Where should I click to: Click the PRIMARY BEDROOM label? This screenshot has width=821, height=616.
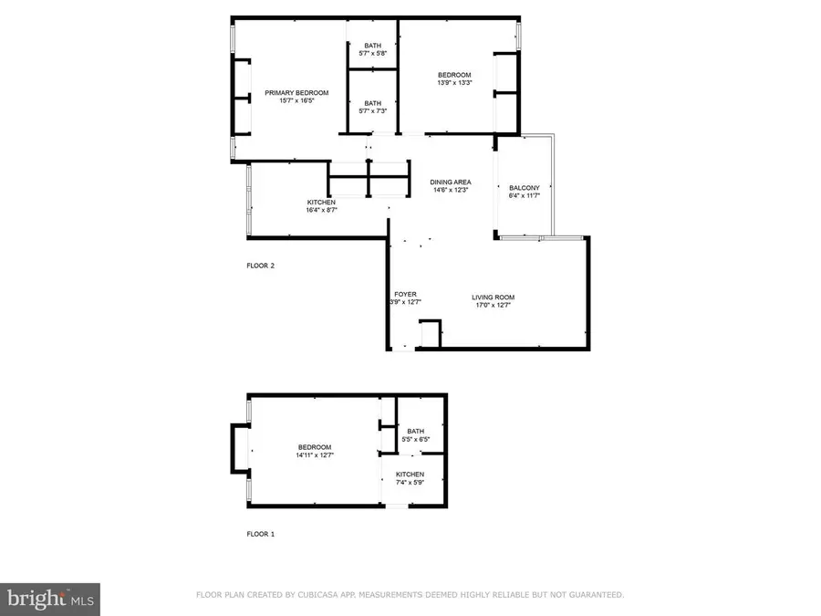[x=296, y=93]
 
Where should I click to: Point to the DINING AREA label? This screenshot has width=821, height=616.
[x=450, y=183]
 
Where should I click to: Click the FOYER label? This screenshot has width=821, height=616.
[x=406, y=295]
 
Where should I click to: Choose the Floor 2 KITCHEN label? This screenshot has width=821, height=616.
[x=320, y=203]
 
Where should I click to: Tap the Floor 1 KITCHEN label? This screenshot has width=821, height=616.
[x=410, y=475]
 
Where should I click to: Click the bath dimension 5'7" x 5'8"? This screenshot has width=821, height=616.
[x=373, y=54]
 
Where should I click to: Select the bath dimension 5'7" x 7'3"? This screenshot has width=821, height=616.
[x=373, y=111]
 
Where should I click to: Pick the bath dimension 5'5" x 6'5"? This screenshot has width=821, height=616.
[x=416, y=440]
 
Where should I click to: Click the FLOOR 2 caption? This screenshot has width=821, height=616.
[x=260, y=266]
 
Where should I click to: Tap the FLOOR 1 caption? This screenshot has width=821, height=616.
[x=260, y=534]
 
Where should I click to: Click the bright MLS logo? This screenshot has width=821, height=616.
[x=50, y=599]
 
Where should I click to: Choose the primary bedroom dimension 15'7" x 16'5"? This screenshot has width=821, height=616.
[x=296, y=101]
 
